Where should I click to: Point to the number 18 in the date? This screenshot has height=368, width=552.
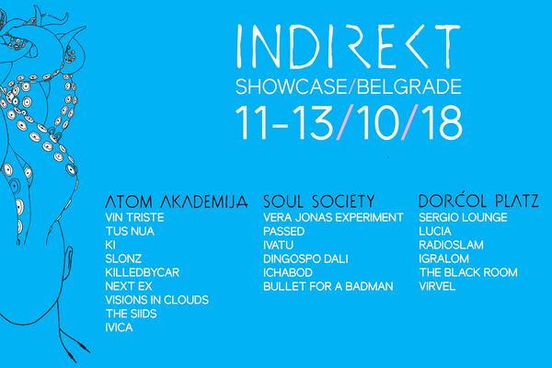click(438, 124)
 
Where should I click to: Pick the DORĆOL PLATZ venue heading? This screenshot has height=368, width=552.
click(465, 199)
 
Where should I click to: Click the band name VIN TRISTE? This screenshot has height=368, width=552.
click(134, 217)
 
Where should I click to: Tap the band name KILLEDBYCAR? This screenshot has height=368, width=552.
click(143, 272)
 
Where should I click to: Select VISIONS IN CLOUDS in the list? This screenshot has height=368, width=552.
click(157, 300)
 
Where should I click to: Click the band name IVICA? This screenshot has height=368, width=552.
click(121, 328)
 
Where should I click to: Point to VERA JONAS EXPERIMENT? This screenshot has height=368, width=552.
click(333, 217)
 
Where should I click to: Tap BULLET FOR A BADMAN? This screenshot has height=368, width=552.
click(328, 286)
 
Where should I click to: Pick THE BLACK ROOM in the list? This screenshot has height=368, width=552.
click(467, 272)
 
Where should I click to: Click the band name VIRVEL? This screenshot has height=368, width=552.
click(438, 286)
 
